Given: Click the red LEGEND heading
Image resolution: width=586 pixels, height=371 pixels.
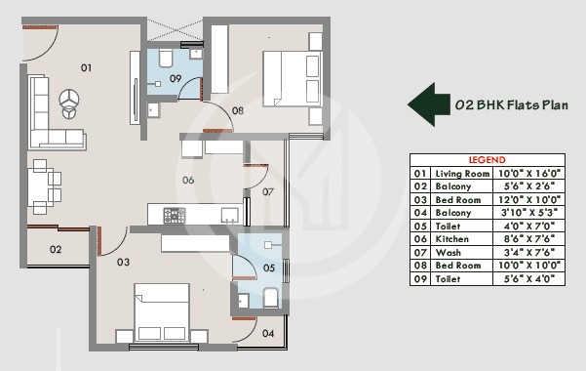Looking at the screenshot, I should pos(488,159).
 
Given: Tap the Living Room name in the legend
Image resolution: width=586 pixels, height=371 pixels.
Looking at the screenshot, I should pos(460,172).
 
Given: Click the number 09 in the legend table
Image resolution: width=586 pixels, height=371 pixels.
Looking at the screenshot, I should pos(421,277).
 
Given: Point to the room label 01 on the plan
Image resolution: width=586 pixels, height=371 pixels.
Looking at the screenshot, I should pos(86,67).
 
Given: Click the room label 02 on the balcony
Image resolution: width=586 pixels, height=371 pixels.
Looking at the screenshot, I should pos(56,250).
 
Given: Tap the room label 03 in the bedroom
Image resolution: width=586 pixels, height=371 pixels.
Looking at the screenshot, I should pos(123,262).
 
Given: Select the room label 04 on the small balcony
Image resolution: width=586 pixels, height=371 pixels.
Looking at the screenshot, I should pos(268,333).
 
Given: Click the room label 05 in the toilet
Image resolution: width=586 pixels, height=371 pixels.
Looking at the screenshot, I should pos(269,268).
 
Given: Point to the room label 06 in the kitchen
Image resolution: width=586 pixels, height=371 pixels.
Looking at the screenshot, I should pos(187,180).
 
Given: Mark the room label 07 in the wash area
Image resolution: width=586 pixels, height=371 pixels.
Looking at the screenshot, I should pos(267,191).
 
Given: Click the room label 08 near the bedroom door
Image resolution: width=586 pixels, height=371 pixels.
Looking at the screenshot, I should pos(237,111).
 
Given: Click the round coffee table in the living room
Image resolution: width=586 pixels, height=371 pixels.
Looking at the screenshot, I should pos(69,100).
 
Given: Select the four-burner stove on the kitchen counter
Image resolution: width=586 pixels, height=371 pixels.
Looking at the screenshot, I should pos(174,214).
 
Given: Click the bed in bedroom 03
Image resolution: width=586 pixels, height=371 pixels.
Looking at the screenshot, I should pos(161,312).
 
